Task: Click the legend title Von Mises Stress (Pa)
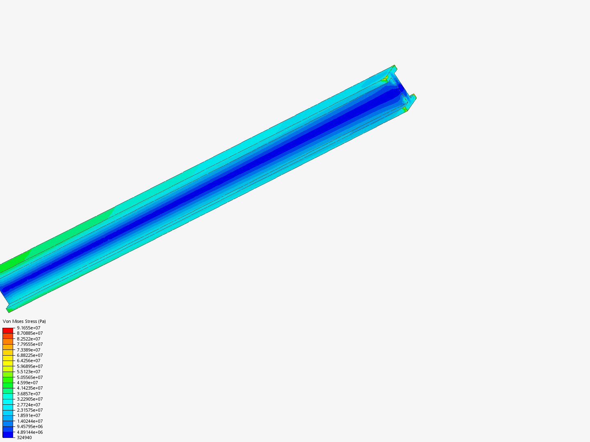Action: coord(24,321)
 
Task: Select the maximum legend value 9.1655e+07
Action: coord(29,328)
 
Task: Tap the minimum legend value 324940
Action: coord(24,437)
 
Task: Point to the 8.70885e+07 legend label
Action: coord(30,333)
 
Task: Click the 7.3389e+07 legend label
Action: coord(29,350)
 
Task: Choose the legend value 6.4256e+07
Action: coord(29,361)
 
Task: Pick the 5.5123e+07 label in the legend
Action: coord(29,372)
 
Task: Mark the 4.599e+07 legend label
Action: coord(27,383)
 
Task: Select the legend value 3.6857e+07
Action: coord(29,394)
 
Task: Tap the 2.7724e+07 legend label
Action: coord(29,405)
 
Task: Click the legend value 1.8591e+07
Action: coord(29,415)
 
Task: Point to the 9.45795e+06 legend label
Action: coord(30,426)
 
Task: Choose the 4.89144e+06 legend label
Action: coord(30,432)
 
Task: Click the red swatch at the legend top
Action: coord(8,330)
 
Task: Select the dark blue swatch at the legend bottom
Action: coord(8,435)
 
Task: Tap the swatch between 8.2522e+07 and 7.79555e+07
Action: coord(8,341)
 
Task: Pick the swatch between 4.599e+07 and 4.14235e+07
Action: coord(8,385)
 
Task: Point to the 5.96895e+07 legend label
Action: coord(30,366)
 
